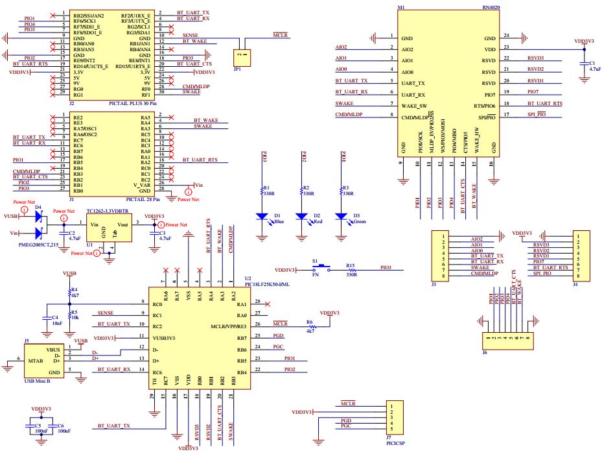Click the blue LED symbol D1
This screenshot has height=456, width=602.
(x=262, y=217)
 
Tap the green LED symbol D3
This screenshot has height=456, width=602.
(x=341, y=217)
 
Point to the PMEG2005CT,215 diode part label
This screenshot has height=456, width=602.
(x=37, y=245)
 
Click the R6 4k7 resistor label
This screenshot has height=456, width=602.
(x=309, y=328)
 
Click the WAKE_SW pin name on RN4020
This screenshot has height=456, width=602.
(x=414, y=105)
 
